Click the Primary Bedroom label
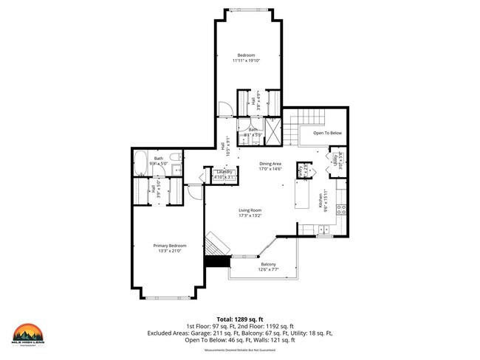(170, 245)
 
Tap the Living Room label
(250, 210)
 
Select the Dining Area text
(271, 163)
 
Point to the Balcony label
(269, 264)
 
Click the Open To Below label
(327, 133)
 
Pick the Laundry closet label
(224, 172)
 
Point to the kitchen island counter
(303, 193)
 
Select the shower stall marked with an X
(272, 131)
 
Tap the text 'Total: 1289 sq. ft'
(239, 318)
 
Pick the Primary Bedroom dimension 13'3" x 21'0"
(170, 251)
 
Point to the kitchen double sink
(323, 233)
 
